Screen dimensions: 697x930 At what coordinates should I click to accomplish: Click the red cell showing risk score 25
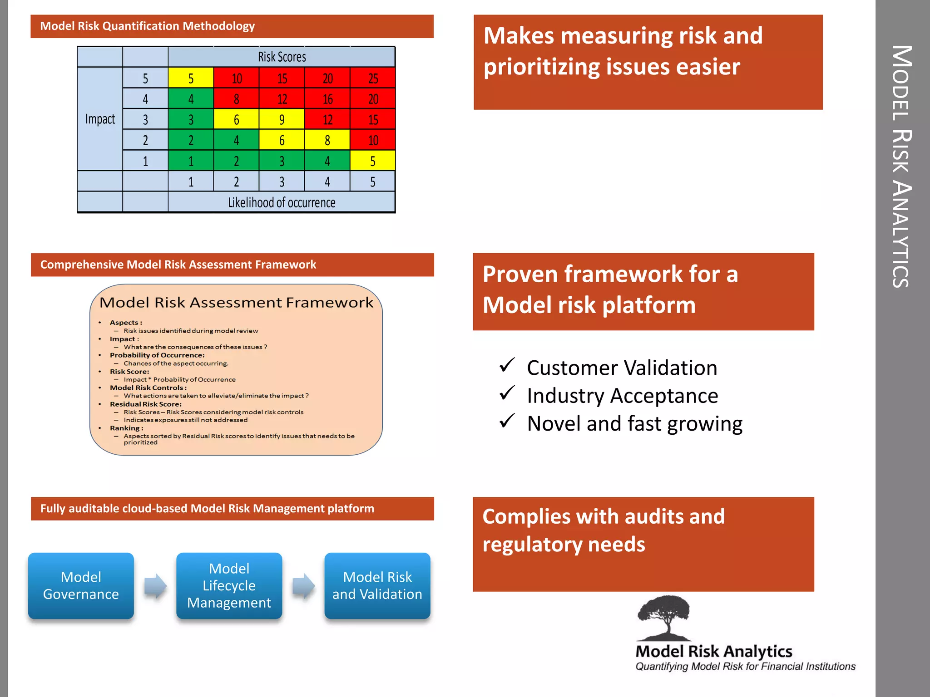pos(373,78)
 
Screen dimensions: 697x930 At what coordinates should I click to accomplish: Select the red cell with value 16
pos(327,99)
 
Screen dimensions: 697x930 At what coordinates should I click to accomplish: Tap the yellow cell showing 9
pos(282,119)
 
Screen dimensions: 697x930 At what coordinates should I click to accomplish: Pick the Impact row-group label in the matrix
pos(100,119)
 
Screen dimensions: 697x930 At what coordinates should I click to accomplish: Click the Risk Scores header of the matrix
pos(282,57)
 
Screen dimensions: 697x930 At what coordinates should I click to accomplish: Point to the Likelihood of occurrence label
pos(282,202)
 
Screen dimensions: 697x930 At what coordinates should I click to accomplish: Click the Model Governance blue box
pos(81,585)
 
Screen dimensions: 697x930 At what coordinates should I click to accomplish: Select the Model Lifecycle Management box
pos(229,585)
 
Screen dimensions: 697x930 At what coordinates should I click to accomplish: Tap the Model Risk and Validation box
pos(377,585)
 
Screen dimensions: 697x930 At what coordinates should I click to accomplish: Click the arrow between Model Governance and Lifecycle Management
pos(155,586)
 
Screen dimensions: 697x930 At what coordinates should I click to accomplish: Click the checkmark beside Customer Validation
pos(507,365)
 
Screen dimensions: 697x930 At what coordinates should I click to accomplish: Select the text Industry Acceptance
pos(622,396)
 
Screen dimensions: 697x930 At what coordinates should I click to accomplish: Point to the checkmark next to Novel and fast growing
pos(507,421)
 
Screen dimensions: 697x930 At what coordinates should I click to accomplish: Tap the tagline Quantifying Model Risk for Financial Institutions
pos(745,666)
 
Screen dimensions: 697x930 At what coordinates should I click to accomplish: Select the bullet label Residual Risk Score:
pos(145,404)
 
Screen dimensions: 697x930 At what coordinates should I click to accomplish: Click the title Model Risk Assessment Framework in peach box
pos(236,302)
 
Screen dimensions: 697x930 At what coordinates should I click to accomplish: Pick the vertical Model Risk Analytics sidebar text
pos(902,166)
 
